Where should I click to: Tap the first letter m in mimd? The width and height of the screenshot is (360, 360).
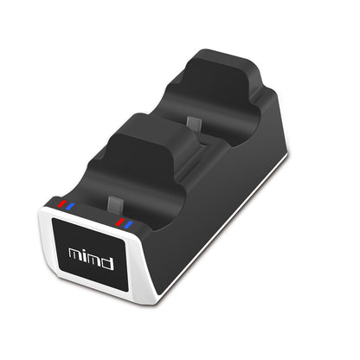click(x=75, y=254)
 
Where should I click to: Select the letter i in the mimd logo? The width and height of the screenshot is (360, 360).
click(x=85, y=254)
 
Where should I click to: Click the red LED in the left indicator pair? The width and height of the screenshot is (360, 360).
click(x=61, y=205)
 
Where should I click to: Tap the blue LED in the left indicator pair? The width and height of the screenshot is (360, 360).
click(x=69, y=207)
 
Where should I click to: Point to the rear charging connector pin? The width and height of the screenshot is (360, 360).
click(x=197, y=125)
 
